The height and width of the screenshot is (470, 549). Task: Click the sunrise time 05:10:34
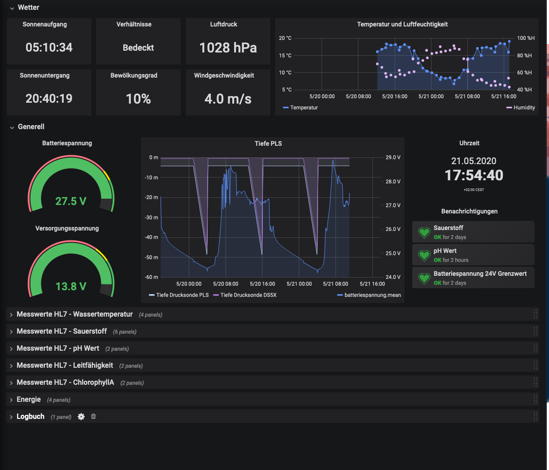49,48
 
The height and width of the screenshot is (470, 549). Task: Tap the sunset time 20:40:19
49,99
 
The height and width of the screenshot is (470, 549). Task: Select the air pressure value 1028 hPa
228,48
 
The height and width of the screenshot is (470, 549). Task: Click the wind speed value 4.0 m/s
228,99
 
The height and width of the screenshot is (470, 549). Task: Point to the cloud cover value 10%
138,99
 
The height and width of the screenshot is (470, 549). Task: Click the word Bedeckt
138,48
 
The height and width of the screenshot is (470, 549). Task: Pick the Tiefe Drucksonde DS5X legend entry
248,295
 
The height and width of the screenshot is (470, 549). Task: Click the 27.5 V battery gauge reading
71,201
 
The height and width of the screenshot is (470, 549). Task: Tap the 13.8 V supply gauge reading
71,287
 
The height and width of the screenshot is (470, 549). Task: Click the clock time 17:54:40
474,175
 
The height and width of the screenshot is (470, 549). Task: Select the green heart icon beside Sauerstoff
424,232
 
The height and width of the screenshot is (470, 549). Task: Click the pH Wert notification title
444,251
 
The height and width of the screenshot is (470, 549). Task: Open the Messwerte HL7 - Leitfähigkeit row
65,366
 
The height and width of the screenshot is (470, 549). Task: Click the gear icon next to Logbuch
81,417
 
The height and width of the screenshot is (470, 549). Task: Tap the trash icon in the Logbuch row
93,416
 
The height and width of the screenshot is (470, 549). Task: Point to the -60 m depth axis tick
152,277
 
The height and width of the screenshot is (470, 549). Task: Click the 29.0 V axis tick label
393,157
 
